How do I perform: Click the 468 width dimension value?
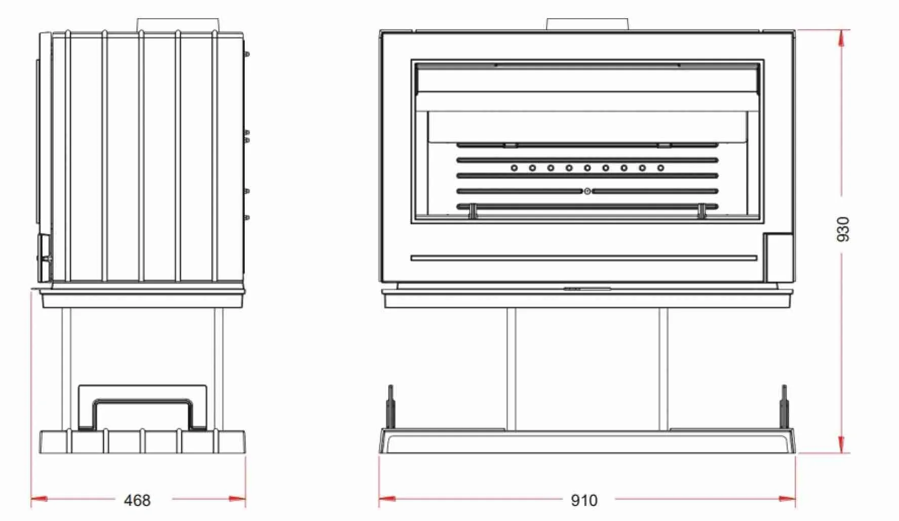[x=137, y=500]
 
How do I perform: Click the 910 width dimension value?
[x=584, y=500]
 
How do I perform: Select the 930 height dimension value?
[x=842, y=229]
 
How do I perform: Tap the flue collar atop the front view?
[x=587, y=24]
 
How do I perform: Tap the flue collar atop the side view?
[x=178, y=25]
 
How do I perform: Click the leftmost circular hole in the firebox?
[x=514, y=168]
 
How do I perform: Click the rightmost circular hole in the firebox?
[x=660, y=168]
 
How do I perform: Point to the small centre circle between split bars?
[x=587, y=191]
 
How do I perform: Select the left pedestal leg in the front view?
[x=512, y=369]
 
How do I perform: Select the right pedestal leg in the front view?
[x=663, y=369]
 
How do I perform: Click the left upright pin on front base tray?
[x=390, y=407]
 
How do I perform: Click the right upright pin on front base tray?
[x=784, y=407]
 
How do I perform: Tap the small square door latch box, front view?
[x=778, y=257]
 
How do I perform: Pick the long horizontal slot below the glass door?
[x=583, y=258]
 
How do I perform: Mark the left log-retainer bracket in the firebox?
[x=472, y=211]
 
